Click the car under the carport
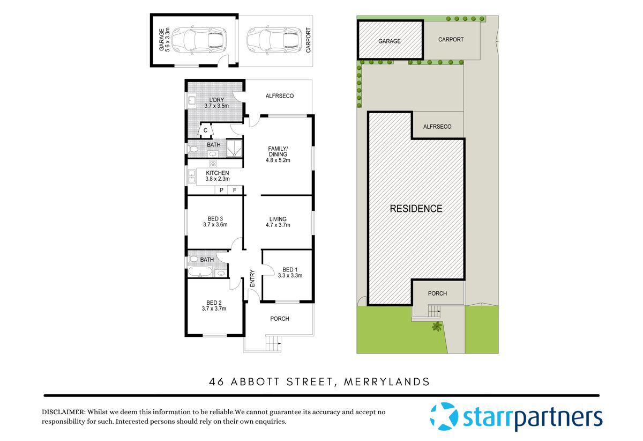(x=266, y=40)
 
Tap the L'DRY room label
(x=216, y=100)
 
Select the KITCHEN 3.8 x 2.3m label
(x=217, y=173)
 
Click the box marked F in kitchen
(x=235, y=190)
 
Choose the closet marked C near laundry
(x=205, y=130)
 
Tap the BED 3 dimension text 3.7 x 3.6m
(x=215, y=225)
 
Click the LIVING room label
(x=278, y=219)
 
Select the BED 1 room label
(x=290, y=270)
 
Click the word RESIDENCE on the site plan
(x=416, y=209)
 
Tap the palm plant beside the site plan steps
(x=437, y=326)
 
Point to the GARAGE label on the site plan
(x=390, y=41)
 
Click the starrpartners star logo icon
(x=444, y=417)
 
